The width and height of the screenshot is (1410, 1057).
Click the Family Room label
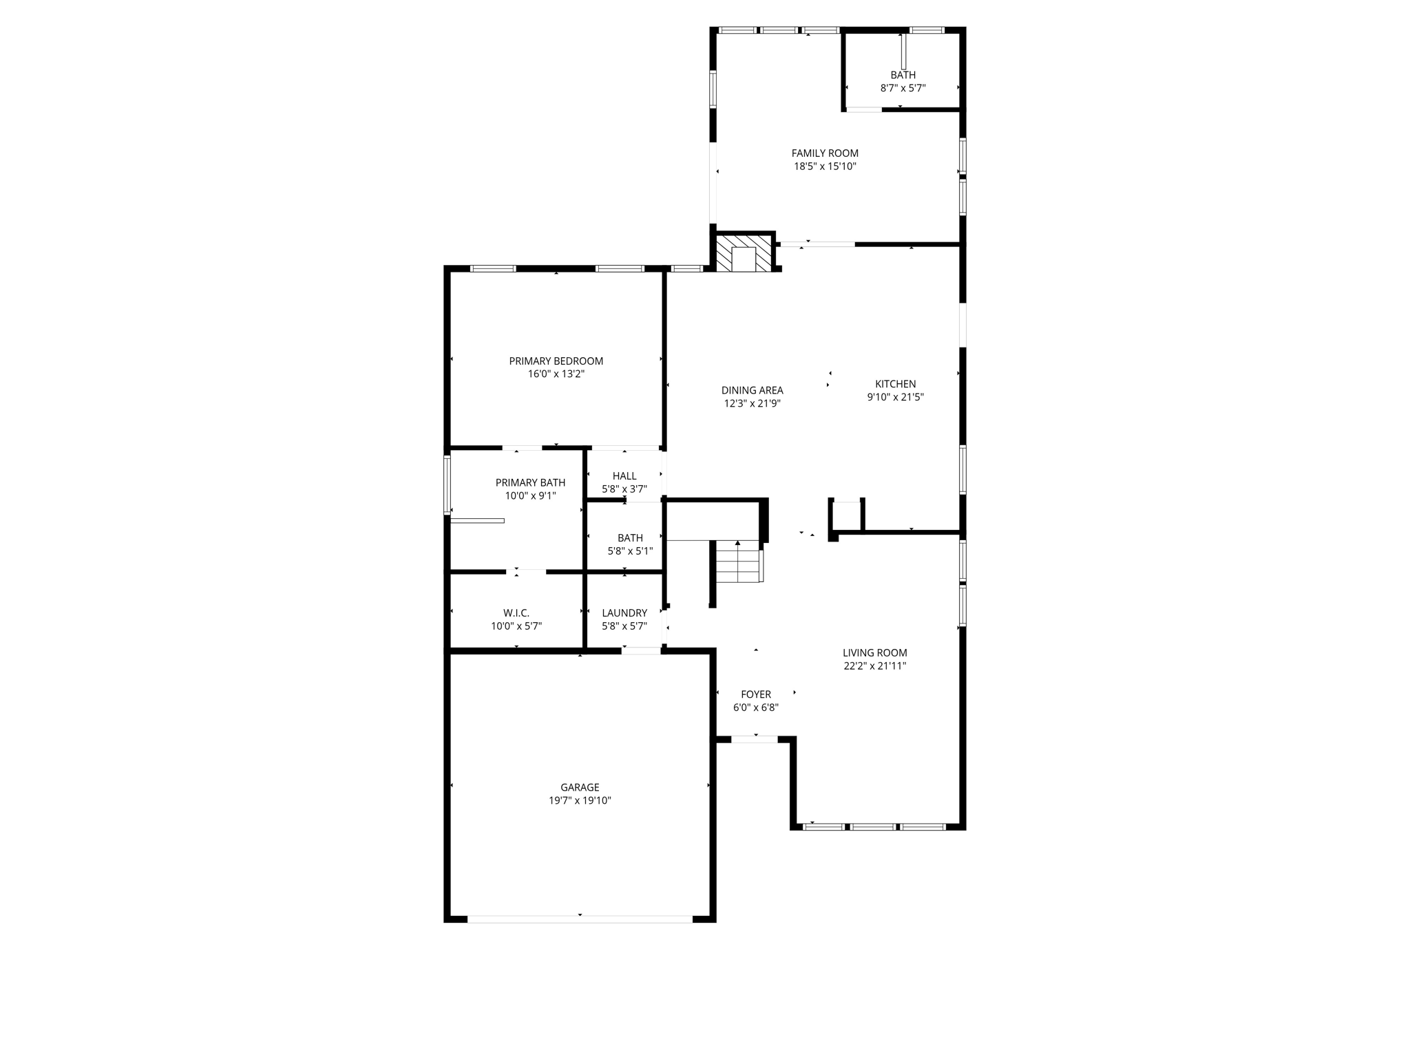(x=825, y=153)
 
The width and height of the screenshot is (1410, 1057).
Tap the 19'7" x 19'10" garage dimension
(x=580, y=800)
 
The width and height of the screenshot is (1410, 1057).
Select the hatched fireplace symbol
(x=744, y=253)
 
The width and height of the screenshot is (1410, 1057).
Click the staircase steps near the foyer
(x=737, y=562)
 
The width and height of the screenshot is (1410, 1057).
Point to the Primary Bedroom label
(x=556, y=361)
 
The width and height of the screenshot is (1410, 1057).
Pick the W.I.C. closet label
(x=516, y=613)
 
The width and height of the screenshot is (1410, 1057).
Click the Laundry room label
(x=624, y=613)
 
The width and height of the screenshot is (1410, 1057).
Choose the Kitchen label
(x=895, y=384)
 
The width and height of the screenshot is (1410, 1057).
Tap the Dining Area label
(x=752, y=390)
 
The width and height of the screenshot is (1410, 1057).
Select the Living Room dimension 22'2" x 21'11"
(x=874, y=665)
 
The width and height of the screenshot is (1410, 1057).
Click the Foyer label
(x=756, y=694)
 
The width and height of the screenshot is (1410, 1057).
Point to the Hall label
(x=624, y=476)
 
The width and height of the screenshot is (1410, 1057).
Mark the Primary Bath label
(x=530, y=482)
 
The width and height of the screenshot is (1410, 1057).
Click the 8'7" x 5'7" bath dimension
(x=903, y=88)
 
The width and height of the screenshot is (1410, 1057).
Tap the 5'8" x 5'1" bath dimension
(x=630, y=551)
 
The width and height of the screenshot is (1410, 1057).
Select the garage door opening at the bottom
(x=580, y=919)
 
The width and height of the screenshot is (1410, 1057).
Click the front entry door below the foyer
(x=755, y=740)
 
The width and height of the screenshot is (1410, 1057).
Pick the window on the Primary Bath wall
(x=447, y=484)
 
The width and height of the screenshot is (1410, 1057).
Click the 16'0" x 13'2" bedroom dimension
(x=556, y=374)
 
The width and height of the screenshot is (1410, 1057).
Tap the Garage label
(x=580, y=787)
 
